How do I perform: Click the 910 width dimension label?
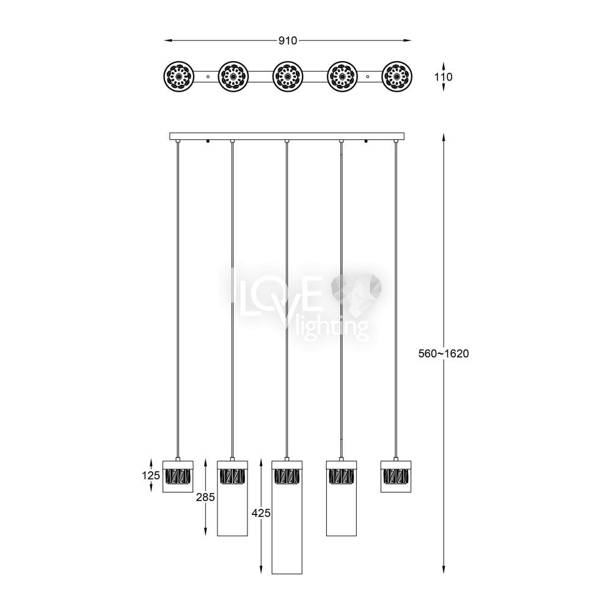pyautogui.click(x=288, y=40)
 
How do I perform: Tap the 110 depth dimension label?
pyautogui.click(x=444, y=77)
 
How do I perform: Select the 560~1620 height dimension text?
pyautogui.click(x=444, y=353)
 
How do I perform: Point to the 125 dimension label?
pyautogui.click(x=151, y=475)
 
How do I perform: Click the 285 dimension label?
pyautogui.click(x=206, y=497)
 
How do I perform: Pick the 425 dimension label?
pyautogui.click(x=261, y=513)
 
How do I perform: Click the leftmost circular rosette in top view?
pyautogui.click(x=178, y=77)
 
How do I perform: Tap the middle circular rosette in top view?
pyautogui.click(x=288, y=77)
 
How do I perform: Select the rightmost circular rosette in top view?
pyautogui.click(x=397, y=77)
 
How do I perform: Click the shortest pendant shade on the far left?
pyautogui.click(x=178, y=476)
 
